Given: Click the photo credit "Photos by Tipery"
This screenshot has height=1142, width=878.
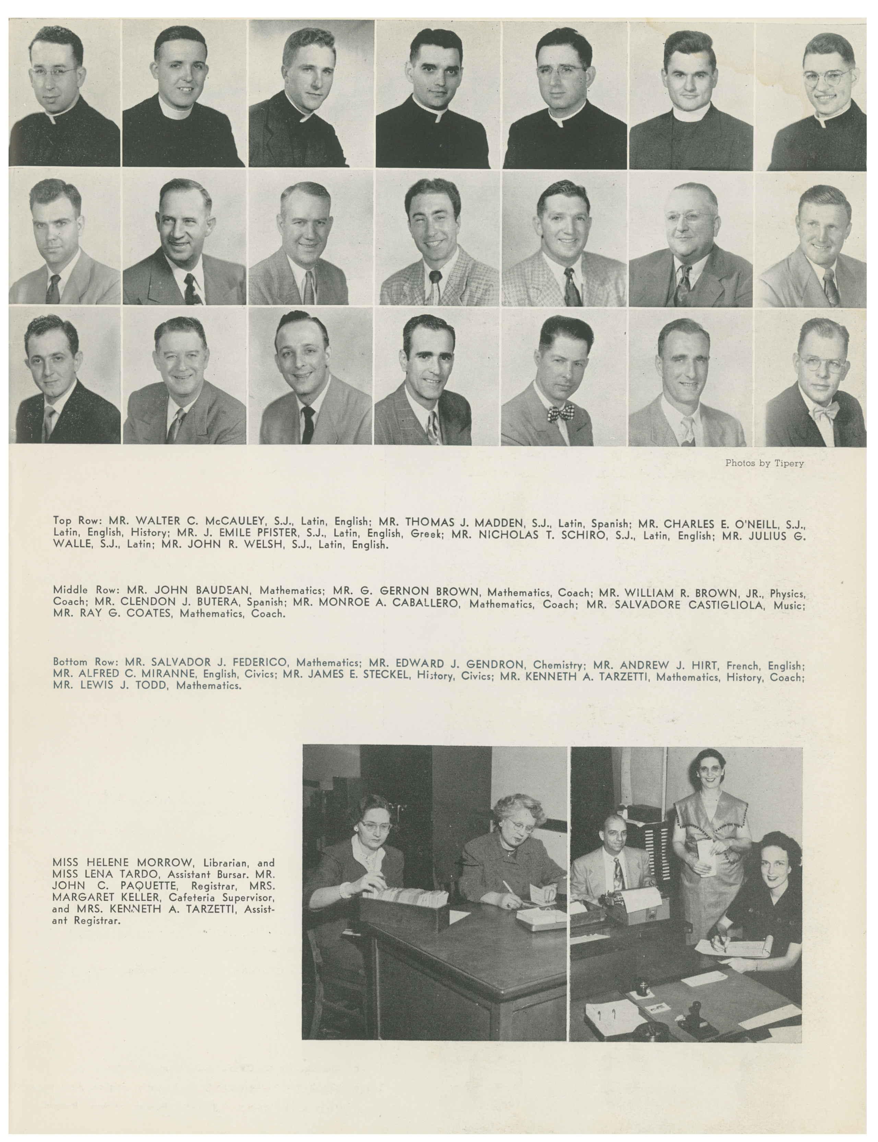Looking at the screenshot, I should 764,463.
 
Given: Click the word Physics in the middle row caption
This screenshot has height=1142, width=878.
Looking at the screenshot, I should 787,594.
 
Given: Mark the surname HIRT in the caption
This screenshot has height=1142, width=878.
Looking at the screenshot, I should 700,665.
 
